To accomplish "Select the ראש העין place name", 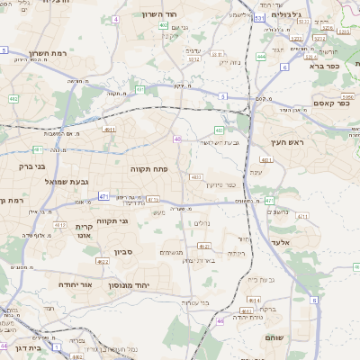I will [288, 143].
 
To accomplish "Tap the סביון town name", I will [124, 253].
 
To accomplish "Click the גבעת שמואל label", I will [66, 182].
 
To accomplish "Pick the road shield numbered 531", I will [259, 17].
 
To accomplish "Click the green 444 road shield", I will [261, 56].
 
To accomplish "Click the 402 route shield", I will [163, 26].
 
